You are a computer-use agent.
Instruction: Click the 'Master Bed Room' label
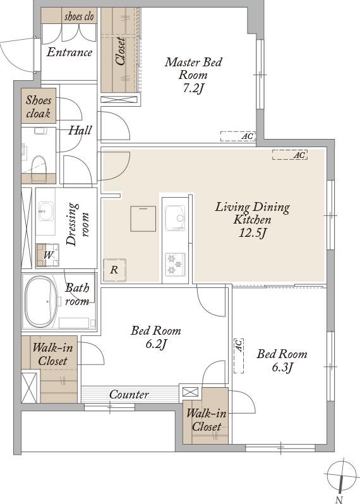[193, 68]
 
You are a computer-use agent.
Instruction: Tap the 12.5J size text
[253, 232]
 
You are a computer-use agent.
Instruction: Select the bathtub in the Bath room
[41, 302]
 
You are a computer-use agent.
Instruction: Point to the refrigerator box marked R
[114, 270]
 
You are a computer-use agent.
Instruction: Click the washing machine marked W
[47, 255]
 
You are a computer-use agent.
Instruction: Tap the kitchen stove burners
[175, 264]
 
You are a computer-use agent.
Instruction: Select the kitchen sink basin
[175, 219]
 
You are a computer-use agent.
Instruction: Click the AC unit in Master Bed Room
[238, 136]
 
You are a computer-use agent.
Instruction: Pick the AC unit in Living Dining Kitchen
[290, 155]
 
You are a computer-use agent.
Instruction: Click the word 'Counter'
[129, 394]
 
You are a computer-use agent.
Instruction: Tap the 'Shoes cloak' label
[39, 107]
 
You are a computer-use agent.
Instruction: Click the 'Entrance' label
[69, 52]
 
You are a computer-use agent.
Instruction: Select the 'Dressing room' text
[76, 224]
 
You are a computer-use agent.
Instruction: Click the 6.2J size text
[156, 344]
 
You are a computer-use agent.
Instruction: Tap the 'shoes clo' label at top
[79, 16]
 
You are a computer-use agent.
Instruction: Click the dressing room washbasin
[46, 211]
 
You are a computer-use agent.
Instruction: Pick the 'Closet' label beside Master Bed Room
[120, 51]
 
